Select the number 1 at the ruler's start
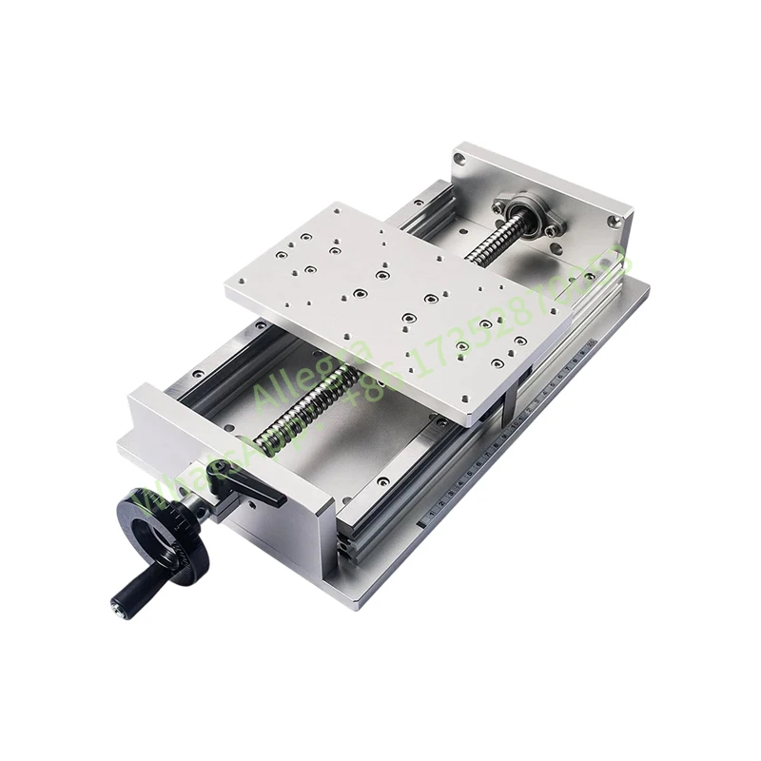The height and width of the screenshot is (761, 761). click(432, 515)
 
